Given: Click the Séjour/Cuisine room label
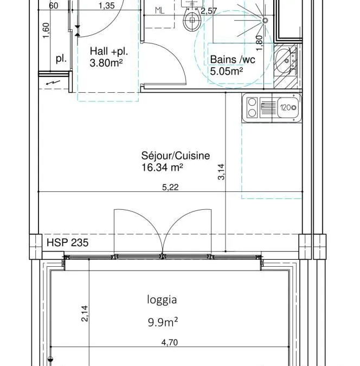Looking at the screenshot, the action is click(x=175, y=156).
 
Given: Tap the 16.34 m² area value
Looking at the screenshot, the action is click(x=162, y=168).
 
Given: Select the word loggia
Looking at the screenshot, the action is click(x=162, y=300).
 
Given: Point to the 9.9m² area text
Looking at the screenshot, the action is click(x=163, y=322).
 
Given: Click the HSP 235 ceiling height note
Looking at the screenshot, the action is click(x=67, y=242).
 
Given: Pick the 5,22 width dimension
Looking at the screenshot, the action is click(x=170, y=187).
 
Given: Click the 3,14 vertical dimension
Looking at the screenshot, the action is click(x=221, y=172).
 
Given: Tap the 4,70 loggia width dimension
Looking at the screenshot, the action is click(x=170, y=343).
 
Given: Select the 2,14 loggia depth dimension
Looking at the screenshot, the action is click(x=85, y=313).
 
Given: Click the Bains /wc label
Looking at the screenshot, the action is click(x=233, y=60).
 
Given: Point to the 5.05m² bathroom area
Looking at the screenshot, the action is click(x=227, y=71).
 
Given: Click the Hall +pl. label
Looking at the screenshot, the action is click(x=109, y=52).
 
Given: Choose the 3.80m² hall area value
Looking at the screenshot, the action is click(x=106, y=63).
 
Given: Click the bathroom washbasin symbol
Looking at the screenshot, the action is click(x=286, y=61).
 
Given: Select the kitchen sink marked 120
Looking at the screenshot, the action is click(x=272, y=108).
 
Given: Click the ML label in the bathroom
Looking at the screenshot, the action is click(x=160, y=11).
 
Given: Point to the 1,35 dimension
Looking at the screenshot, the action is click(x=107, y=5).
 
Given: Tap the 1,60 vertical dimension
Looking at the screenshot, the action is click(x=46, y=30).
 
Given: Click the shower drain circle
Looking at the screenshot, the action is click(x=265, y=20).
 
